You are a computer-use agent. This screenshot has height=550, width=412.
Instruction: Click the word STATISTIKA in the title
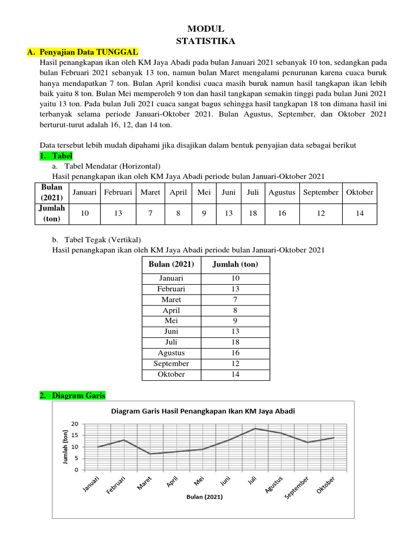(x=206, y=40)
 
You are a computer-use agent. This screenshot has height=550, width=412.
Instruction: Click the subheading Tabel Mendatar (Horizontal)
(x=112, y=165)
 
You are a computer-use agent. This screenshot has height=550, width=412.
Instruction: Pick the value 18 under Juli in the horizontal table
(x=253, y=213)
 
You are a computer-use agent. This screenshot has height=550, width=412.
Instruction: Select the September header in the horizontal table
(x=320, y=192)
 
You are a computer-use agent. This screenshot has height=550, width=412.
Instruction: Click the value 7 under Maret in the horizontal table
(x=151, y=213)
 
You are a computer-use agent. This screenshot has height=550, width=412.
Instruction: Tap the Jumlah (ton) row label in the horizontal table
(x=53, y=213)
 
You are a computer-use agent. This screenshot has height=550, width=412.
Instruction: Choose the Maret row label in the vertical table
(x=171, y=300)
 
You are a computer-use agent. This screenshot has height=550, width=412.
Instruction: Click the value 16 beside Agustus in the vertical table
(x=235, y=353)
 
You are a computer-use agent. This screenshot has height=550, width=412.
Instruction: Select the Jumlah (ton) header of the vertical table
(x=235, y=264)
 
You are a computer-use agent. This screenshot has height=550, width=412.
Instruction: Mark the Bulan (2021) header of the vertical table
(x=171, y=264)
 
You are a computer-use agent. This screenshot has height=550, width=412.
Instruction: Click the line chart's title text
(x=203, y=411)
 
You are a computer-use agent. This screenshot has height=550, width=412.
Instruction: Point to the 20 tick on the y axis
(x=75, y=424)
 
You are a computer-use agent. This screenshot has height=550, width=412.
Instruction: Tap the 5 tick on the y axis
(x=77, y=458)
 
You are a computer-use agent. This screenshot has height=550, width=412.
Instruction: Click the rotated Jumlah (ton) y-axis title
(x=64, y=447)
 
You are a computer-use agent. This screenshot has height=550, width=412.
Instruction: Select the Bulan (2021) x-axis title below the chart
(x=204, y=497)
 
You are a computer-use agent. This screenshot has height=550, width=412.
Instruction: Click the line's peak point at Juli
(x=255, y=428)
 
